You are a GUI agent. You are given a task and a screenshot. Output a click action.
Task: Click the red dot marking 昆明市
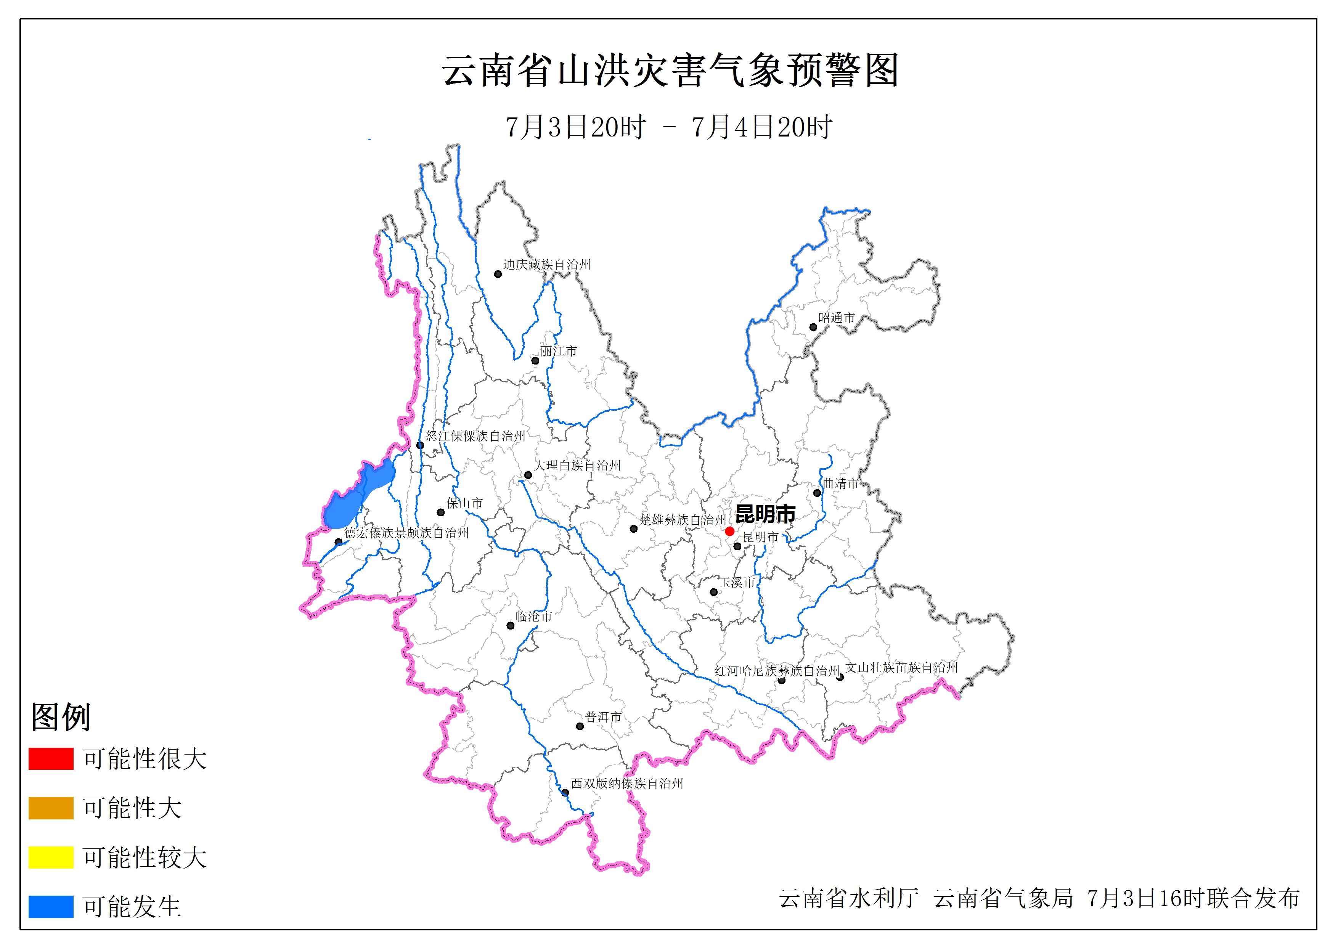click(729, 531)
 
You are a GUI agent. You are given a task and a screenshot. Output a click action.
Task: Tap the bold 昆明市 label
click(765, 514)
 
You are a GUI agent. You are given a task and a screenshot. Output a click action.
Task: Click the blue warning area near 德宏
click(355, 495)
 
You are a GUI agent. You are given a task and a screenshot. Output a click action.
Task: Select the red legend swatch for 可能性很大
click(51, 759)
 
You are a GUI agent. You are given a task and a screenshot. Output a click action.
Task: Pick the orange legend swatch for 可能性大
click(51, 808)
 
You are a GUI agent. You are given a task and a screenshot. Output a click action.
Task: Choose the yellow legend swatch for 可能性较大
click(51, 858)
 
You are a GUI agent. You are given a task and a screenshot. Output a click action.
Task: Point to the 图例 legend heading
click(61, 716)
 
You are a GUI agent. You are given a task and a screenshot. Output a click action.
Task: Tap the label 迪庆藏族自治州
click(547, 265)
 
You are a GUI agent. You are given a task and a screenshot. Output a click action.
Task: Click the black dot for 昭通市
click(813, 327)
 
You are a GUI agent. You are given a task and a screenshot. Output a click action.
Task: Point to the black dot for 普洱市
click(580, 726)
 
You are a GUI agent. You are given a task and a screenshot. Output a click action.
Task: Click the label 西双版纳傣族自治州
click(627, 784)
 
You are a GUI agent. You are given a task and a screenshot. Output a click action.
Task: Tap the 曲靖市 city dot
click(817, 493)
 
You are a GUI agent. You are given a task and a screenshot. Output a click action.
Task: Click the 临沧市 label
click(534, 616)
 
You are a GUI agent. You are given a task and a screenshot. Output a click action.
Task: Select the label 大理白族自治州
click(577, 465)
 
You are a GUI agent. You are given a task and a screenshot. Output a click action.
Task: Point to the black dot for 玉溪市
click(713, 592)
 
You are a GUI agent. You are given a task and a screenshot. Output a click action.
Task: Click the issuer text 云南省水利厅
click(848, 898)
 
